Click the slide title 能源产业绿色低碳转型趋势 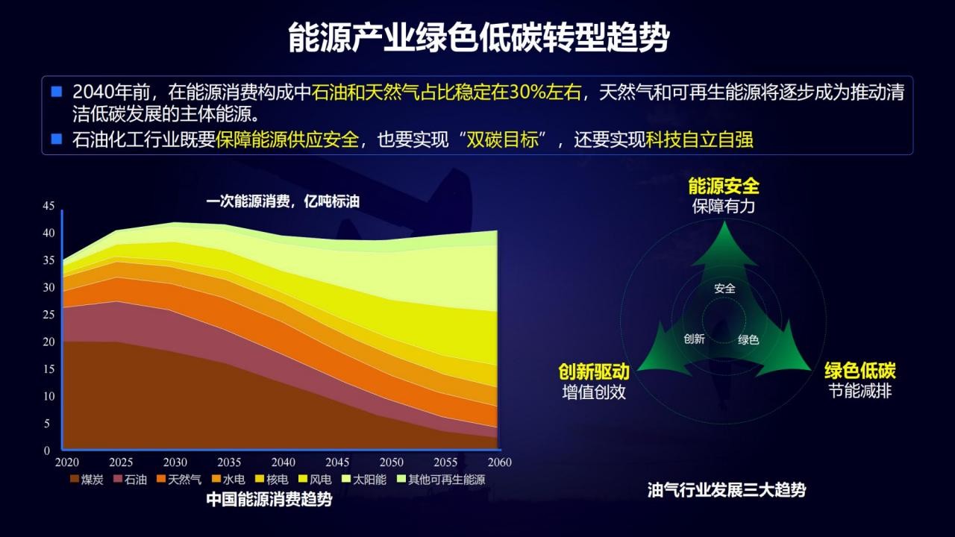pyautogui.click(x=479, y=38)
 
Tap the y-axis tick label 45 pyautogui.click(x=48, y=206)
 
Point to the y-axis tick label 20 pyautogui.click(x=48, y=342)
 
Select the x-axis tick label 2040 pyautogui.click(x=284, y=462)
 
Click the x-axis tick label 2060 pyautogui.click(x=500, y=462)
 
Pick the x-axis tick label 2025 pyautogui.click(x=121, y=462)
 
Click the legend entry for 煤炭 pyautogui.click(x=87, y=480)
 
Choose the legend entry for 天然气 pyautogui.click(x=179, y=480)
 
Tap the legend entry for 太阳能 pyautogui.click(x=364, y=480)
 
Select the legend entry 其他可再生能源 pyautogui.click(x=441, y=480)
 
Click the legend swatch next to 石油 pyautogui.click(x=118, y=479)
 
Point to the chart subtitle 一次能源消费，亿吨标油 pyautogui.click(x=283, y=201)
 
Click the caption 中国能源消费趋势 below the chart pyautogui.click(x=269, y=499)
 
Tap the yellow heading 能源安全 pyautogui.click(x=724, y=186)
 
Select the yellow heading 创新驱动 pyautogui.click(x=594, y=371)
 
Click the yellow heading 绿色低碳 pyautogui.click(x=860, y=371)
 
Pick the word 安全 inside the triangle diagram pyautogui.click(x=724, y=289)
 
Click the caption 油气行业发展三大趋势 pyautogui.click(x=727, y=490)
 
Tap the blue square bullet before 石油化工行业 pyautogui.click(x=56, y=139)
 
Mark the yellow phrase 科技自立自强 pyautogui.click(x=700, y=139)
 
